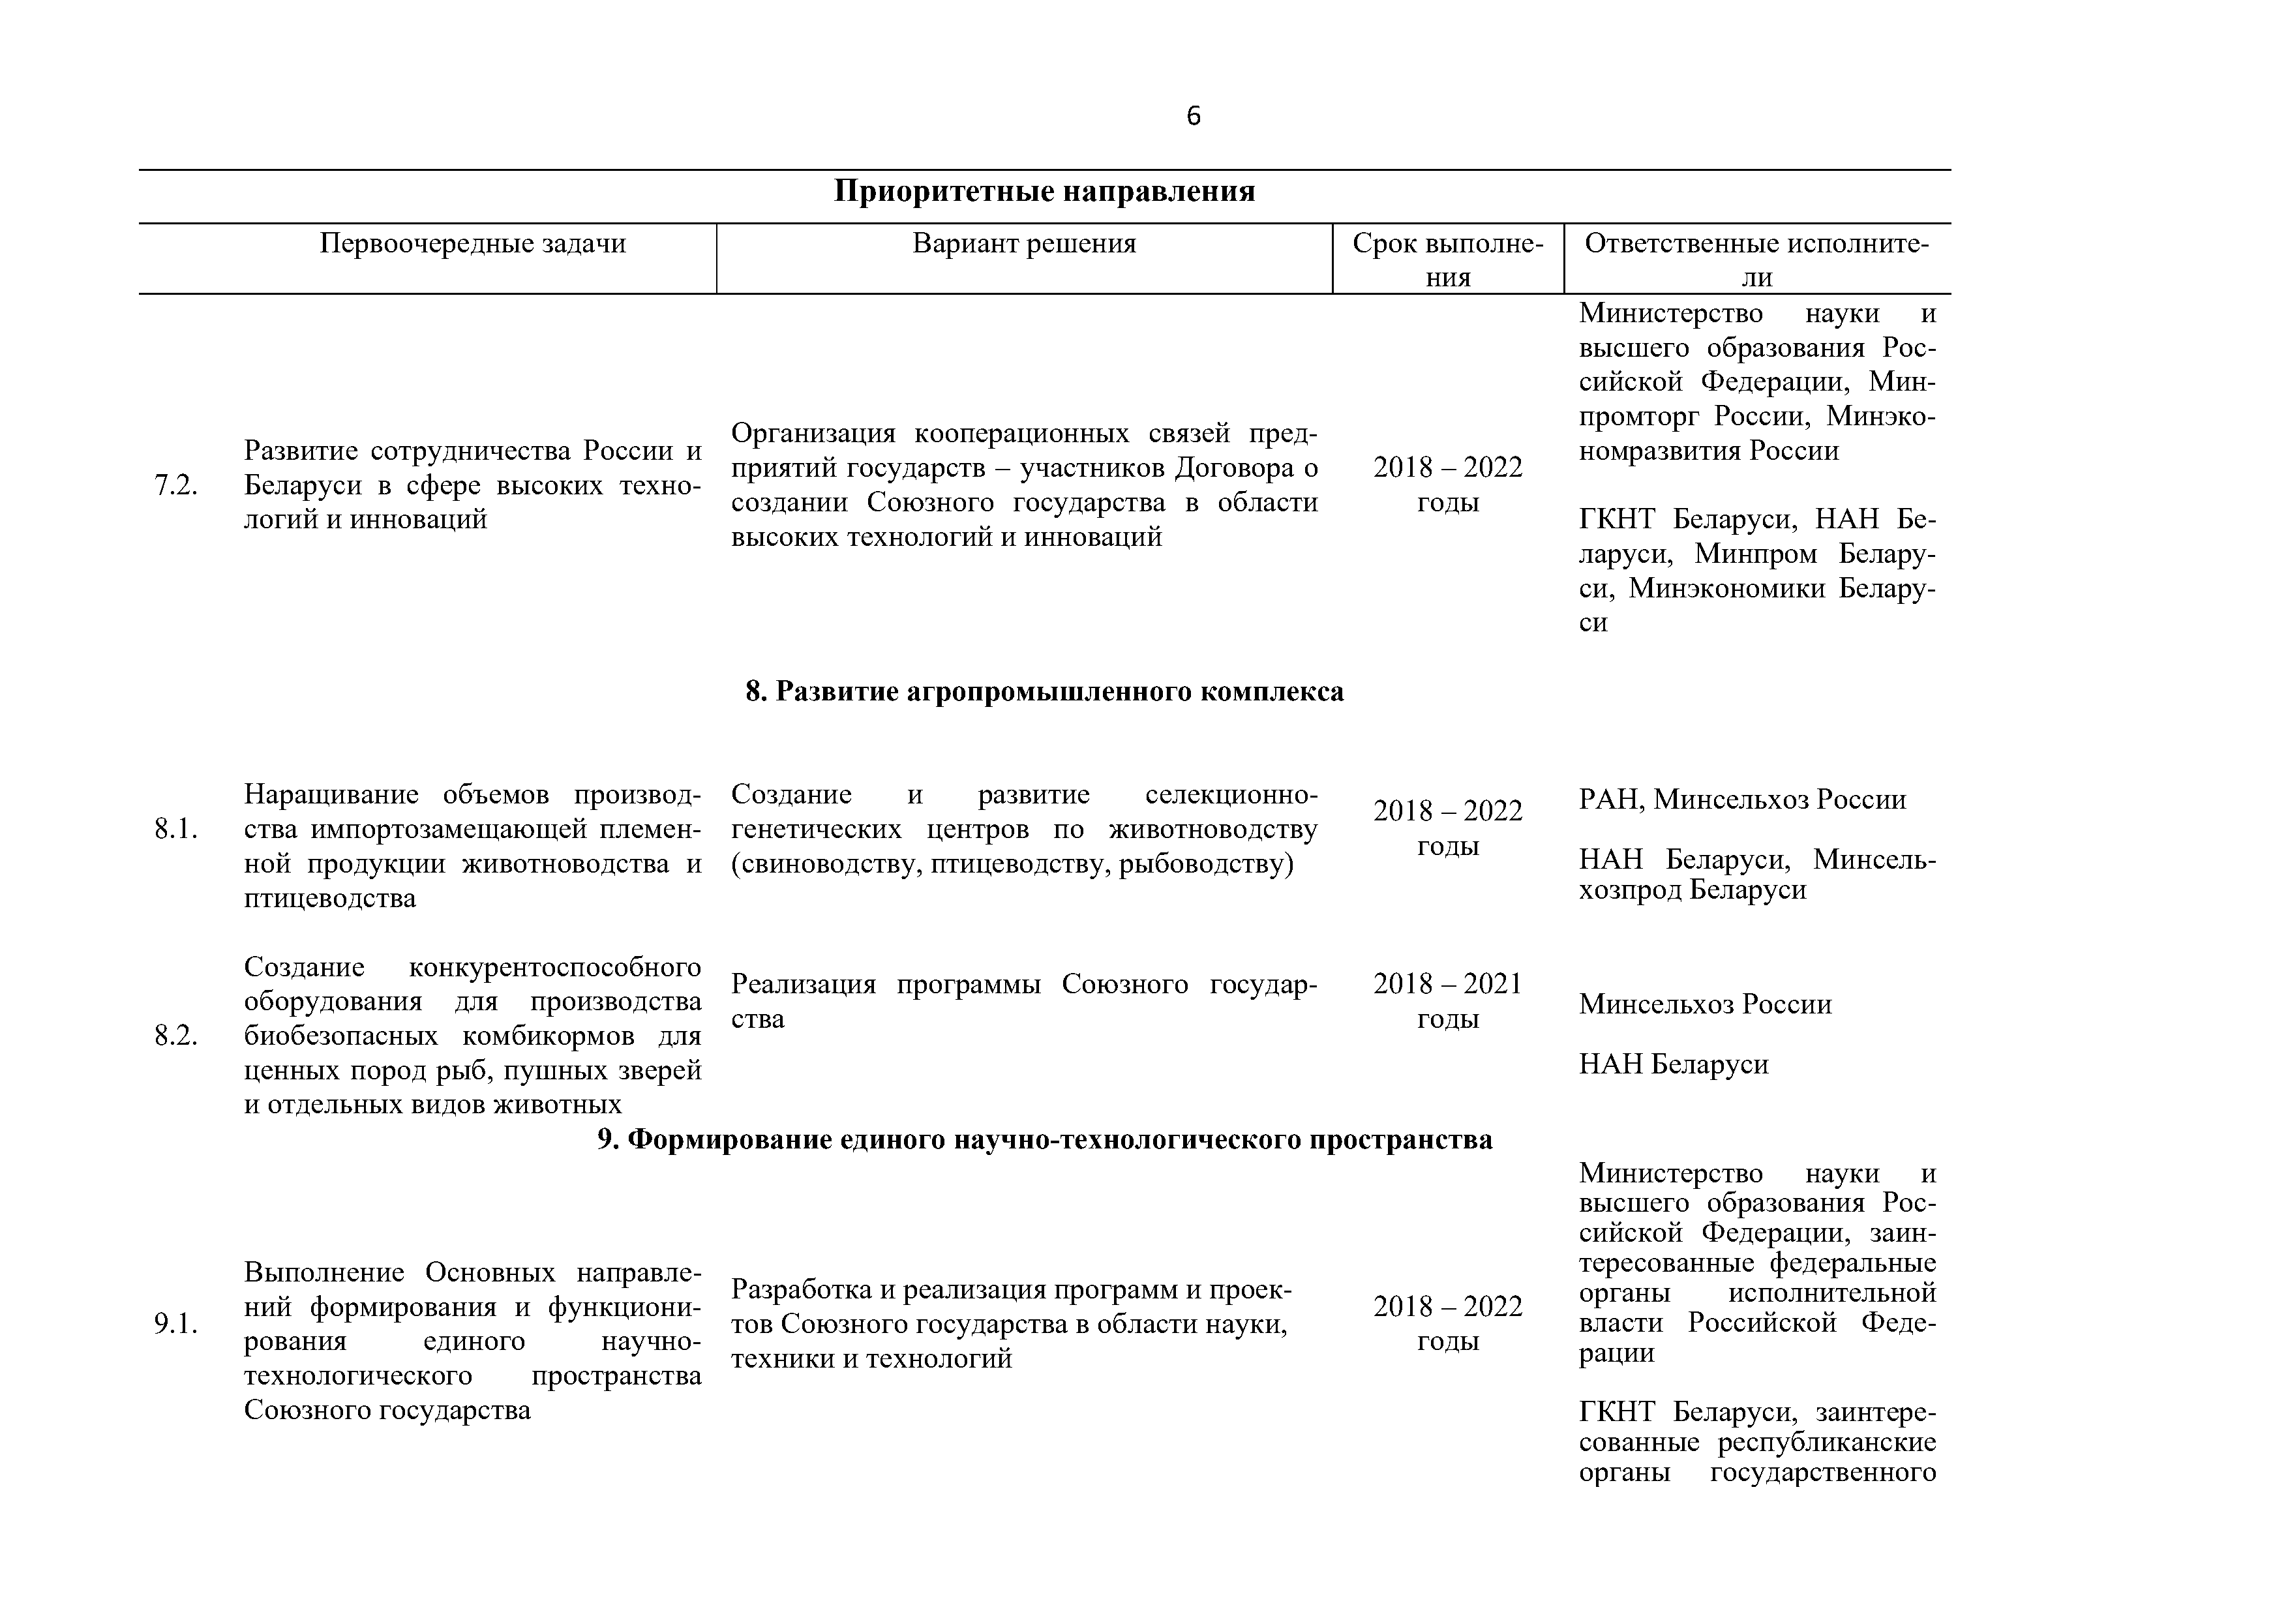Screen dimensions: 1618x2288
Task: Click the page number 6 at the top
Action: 1193,117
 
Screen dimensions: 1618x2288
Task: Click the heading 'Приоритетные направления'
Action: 1044,191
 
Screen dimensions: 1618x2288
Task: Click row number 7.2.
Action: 175,485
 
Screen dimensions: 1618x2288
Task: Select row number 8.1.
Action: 175,829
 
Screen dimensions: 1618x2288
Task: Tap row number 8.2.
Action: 175,1036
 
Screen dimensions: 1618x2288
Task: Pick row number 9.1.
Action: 175,1323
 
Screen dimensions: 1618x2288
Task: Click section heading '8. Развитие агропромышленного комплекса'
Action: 1044,691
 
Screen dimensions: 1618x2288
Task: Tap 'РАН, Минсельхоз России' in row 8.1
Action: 1742,799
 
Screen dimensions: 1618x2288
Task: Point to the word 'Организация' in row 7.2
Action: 813,434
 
